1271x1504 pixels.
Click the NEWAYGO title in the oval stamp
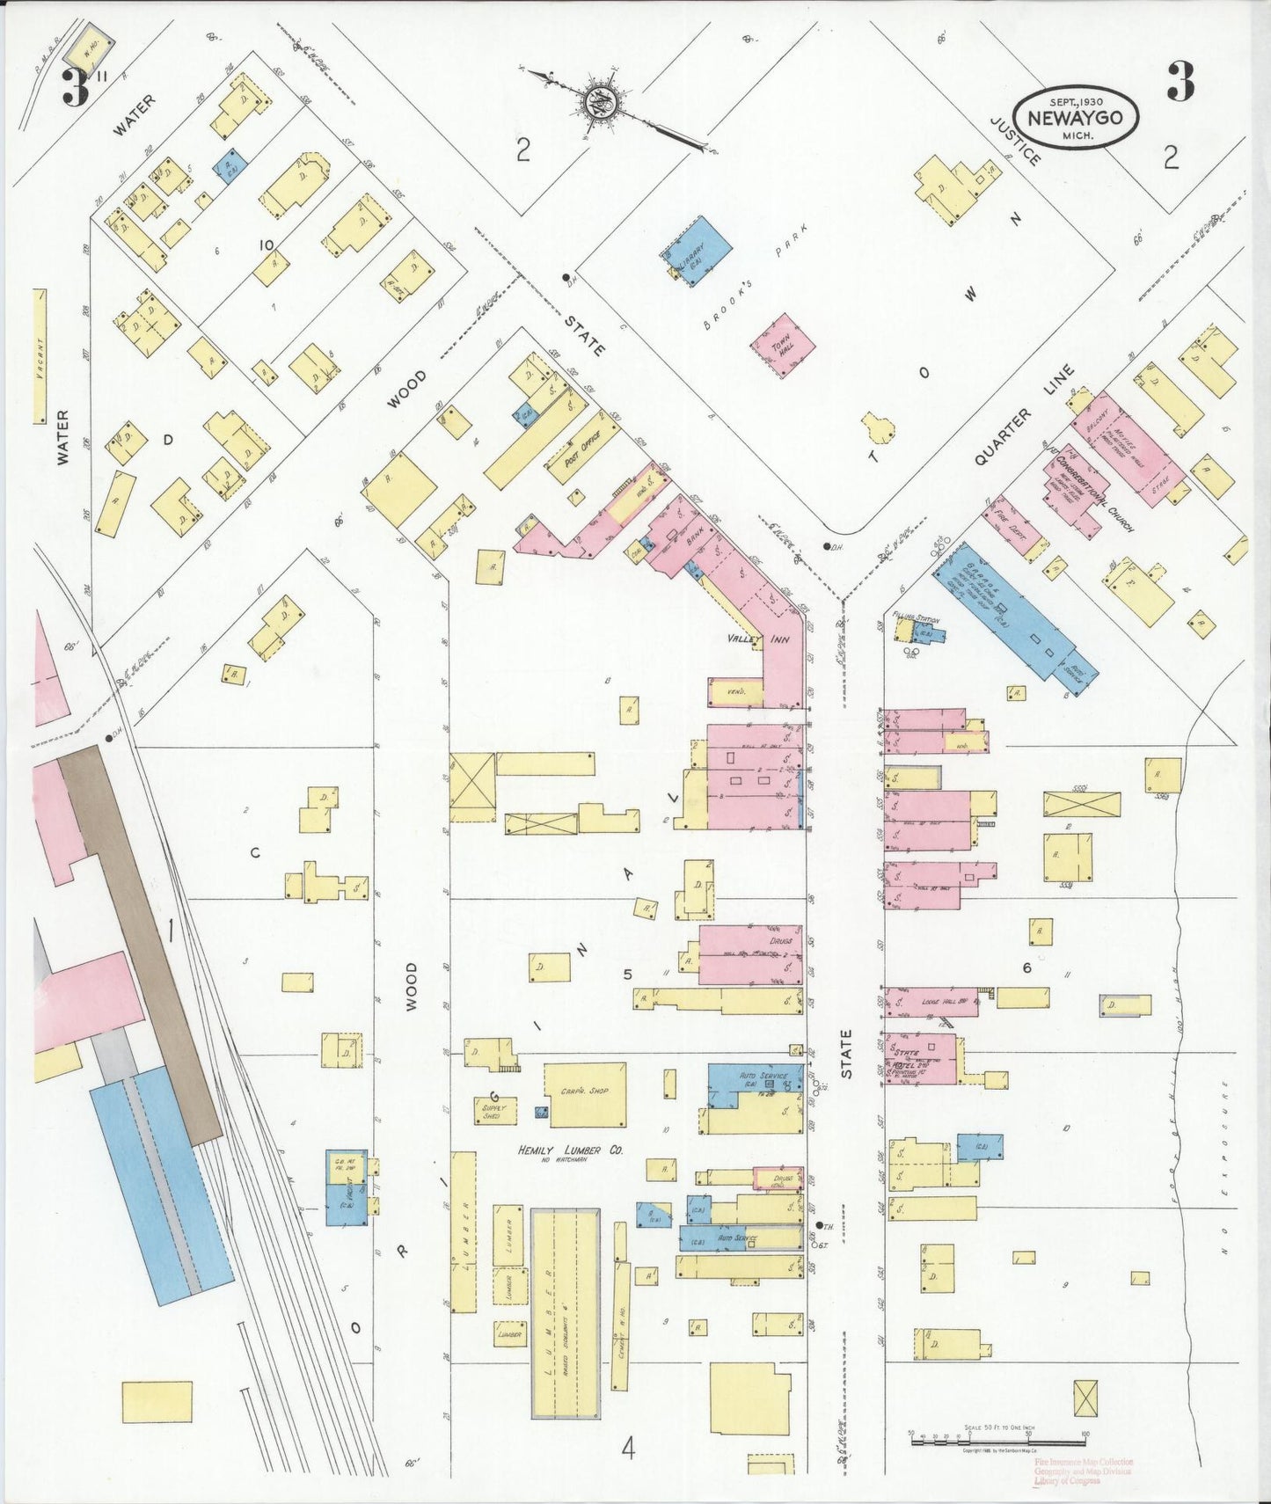[1075, 118]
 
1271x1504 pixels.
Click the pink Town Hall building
[782, 345]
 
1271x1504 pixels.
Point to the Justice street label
[1016, 141]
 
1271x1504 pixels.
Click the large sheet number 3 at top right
[1180, 83]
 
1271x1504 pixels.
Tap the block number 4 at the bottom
[627, 1449]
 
